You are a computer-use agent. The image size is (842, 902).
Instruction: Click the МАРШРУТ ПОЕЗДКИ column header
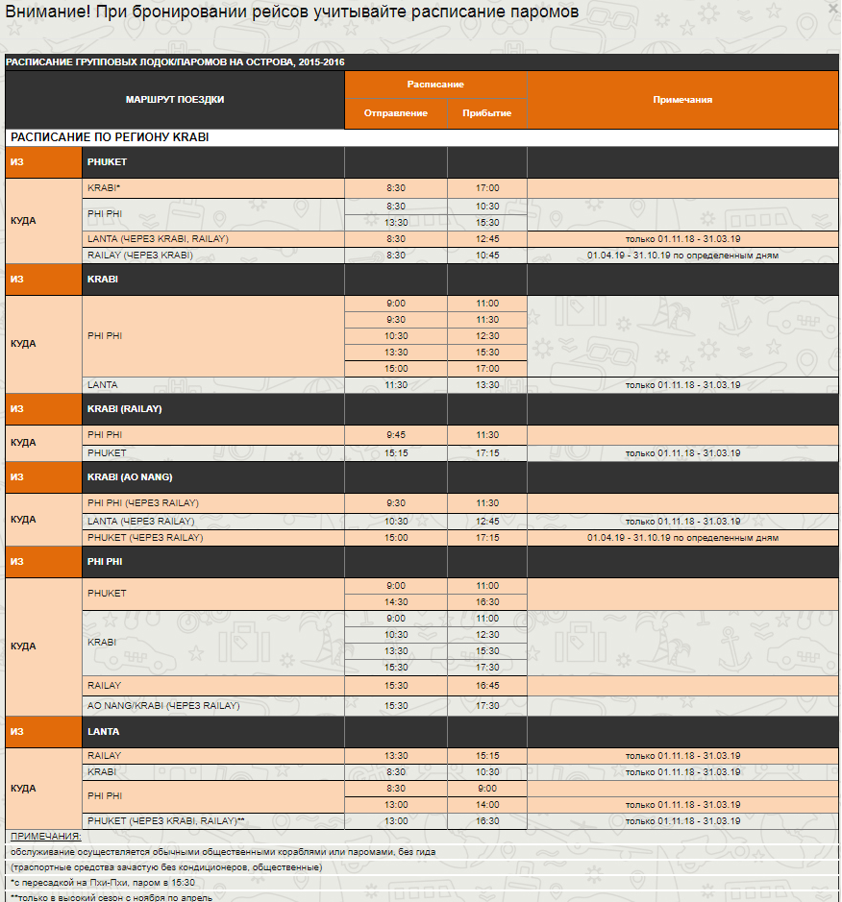tap(175, 100)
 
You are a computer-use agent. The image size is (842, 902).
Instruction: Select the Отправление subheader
tap(396, 113)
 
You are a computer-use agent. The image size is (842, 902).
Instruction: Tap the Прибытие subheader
tap(487, 113)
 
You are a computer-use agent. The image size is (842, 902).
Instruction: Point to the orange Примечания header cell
tap(682, 100)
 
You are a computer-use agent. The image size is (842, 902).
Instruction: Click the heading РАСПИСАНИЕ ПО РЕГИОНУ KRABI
tap(110, 137)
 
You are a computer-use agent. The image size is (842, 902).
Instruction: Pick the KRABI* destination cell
tap(105, 188)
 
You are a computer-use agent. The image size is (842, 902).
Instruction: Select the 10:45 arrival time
tap(487, 256)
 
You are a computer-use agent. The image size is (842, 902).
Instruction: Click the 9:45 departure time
tap(396, 435)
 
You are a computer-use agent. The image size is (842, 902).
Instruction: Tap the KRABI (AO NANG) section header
tap(130, 477)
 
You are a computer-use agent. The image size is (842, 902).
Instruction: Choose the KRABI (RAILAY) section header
tap(124, 409)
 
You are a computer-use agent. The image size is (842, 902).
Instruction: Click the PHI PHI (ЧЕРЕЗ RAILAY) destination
tap(143, 503)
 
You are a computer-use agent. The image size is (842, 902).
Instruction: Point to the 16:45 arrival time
tap(487, 686)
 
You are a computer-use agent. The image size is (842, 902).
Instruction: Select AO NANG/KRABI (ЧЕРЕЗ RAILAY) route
tap(163, 706)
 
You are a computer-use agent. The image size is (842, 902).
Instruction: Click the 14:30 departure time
tap(396, 602)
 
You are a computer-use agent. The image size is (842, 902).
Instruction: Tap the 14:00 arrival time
tap(487, 805)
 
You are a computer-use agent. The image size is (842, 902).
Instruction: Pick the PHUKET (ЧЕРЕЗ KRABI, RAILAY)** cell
tap(166, 821)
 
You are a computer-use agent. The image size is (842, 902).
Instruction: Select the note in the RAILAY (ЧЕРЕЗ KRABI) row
tap(682, 256)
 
